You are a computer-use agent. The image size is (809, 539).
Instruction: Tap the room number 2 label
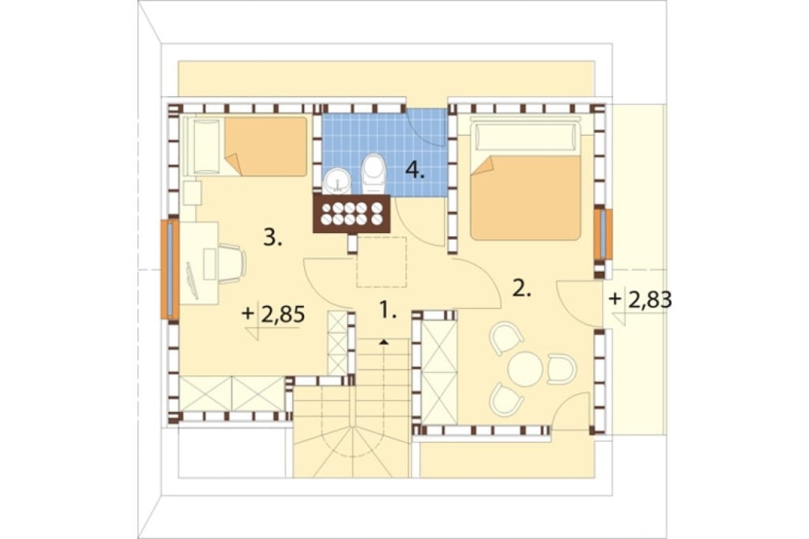(521, 289)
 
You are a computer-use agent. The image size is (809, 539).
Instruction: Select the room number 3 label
(273, 238)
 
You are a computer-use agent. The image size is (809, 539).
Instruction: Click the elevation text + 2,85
(274, 314)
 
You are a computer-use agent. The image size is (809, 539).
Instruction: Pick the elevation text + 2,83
(641, 299)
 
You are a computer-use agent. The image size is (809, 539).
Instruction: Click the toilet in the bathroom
(373, 171)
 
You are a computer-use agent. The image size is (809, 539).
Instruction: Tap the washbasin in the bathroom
(337, 182)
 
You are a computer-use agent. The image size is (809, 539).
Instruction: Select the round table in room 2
(525, 368)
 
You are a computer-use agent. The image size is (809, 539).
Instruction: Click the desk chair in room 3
(231, 263)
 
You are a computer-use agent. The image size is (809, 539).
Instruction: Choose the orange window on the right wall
(602, 234)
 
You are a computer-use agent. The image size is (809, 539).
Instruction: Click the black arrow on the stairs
(383, 342)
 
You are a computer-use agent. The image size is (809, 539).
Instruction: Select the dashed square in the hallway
(382, 261)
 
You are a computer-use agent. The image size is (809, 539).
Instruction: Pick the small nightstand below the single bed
(192, 193)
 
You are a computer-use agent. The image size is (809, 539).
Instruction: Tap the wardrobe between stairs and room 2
(439, 372)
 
